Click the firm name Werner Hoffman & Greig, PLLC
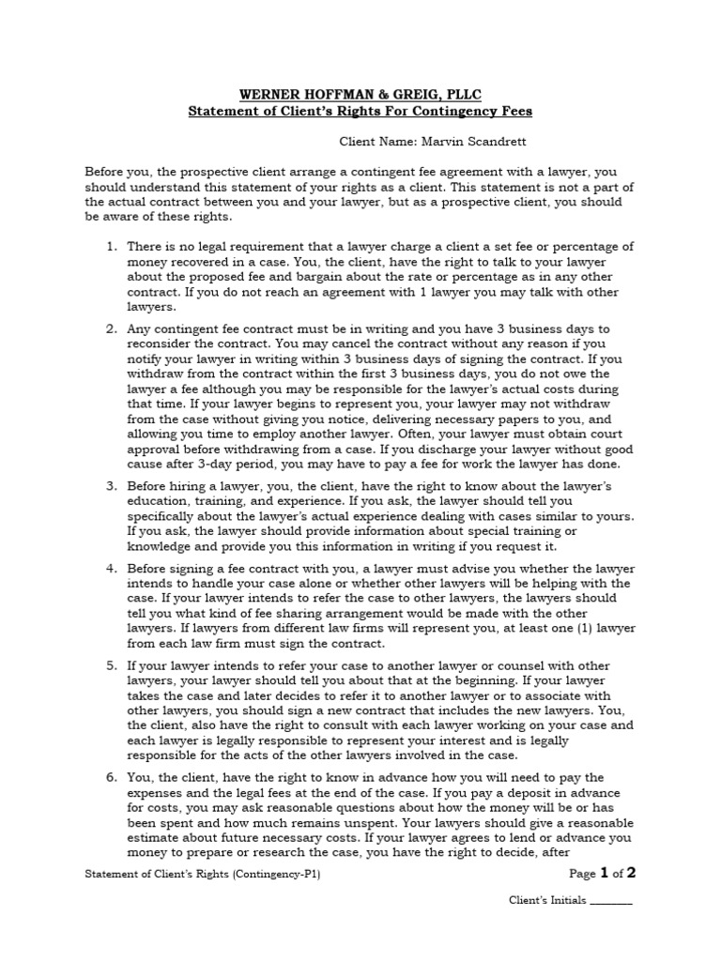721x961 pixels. pyautogui.click(x=360, y=94)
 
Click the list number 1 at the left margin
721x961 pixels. pyautogui.click(x=111, y=246)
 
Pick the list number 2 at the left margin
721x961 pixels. pyautogui.click(x=111, y=329)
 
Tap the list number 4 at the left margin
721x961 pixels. pyautogui.click(x=111, y=569)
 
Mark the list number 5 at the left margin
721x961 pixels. pyautogui.click(x=111, y=666)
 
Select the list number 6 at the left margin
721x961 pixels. pyautogui.click(x=111, y=778)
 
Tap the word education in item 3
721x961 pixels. pyautogui.click(x=159, y=502)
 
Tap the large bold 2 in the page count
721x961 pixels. pyautogui.click(x=631, y=873)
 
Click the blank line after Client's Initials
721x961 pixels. pyautogui.click(x=612, y=900)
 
